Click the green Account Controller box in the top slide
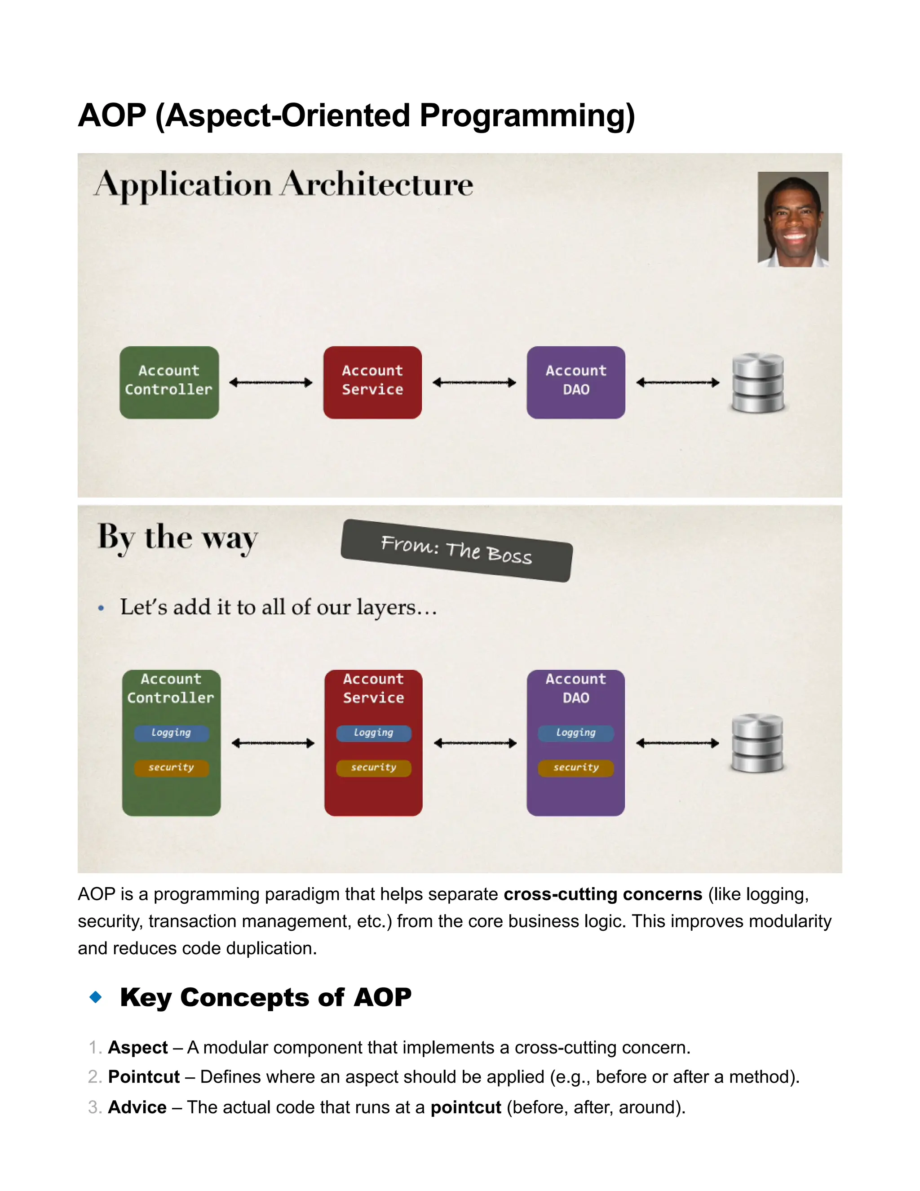coord(169,382)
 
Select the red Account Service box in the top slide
coord(372,382)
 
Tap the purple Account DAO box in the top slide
coord(575,382)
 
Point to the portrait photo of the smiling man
coord(793,219)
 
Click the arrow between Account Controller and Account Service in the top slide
coord(271,382)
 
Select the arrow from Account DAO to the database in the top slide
coord(677,382)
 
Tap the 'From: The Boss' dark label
coord(456,550)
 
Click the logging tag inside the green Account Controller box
coord(171,733)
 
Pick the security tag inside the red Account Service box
coord(373,767)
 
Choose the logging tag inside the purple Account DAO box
coord(575,733)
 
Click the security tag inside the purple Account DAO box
coord(575,767)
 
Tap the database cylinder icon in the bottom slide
coord(757,743)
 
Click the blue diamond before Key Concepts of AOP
coord(96,997)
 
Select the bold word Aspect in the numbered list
coord(138,1047)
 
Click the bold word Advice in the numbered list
coord(137,1107)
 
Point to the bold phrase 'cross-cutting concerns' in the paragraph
coord(603,894)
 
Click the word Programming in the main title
coord(527,116)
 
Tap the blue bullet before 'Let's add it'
coord(101,608)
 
